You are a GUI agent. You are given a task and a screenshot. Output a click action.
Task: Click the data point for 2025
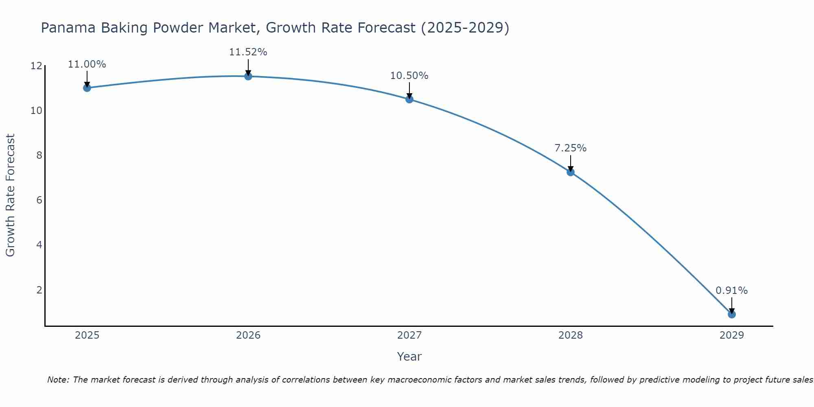(87, 88)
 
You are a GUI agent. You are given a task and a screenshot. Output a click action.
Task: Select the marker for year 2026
(248, 76)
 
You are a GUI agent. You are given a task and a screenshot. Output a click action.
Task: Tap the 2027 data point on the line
(409, 99)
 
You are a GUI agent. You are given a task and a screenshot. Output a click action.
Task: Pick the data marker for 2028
(570, 172)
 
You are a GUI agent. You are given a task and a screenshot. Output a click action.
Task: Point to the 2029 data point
(731, 314)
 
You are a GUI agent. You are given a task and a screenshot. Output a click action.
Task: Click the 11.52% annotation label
(248, 52)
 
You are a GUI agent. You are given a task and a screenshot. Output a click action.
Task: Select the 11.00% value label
(87, 64)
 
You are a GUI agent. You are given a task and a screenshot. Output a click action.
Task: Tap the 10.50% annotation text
(409, 76)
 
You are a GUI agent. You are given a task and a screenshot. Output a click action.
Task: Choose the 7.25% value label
(570, 148)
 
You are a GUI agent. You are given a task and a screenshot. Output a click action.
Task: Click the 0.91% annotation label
(731, 291)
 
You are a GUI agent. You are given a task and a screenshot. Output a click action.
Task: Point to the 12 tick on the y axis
(36, 66)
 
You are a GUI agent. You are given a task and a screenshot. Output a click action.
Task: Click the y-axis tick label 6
(39, 200)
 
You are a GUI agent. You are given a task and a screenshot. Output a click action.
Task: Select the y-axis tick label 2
(39, 290)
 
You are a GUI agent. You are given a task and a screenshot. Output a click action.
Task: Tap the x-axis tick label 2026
(248, 335)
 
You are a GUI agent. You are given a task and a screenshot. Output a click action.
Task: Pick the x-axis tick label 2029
(731, 335)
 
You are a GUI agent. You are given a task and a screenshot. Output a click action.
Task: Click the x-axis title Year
(409, 357)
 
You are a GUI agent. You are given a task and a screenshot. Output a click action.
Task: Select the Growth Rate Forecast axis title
(11, 195)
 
